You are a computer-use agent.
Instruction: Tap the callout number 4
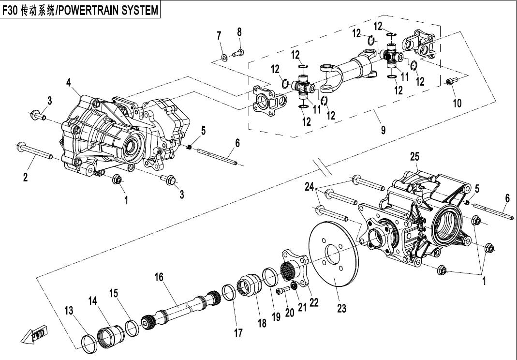[70, 83]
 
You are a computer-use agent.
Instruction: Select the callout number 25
[414, 156]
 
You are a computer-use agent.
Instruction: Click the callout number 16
[159, 277]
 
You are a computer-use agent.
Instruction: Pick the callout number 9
[383, 130]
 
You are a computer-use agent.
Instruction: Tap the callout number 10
[457, 103]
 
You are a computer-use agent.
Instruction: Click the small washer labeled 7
[224, 58]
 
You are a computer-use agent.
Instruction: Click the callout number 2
[25, 177]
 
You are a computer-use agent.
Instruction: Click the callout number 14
[93, 300]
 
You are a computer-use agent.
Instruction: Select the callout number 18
[262, 323]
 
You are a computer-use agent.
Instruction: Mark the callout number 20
[290, 313]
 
